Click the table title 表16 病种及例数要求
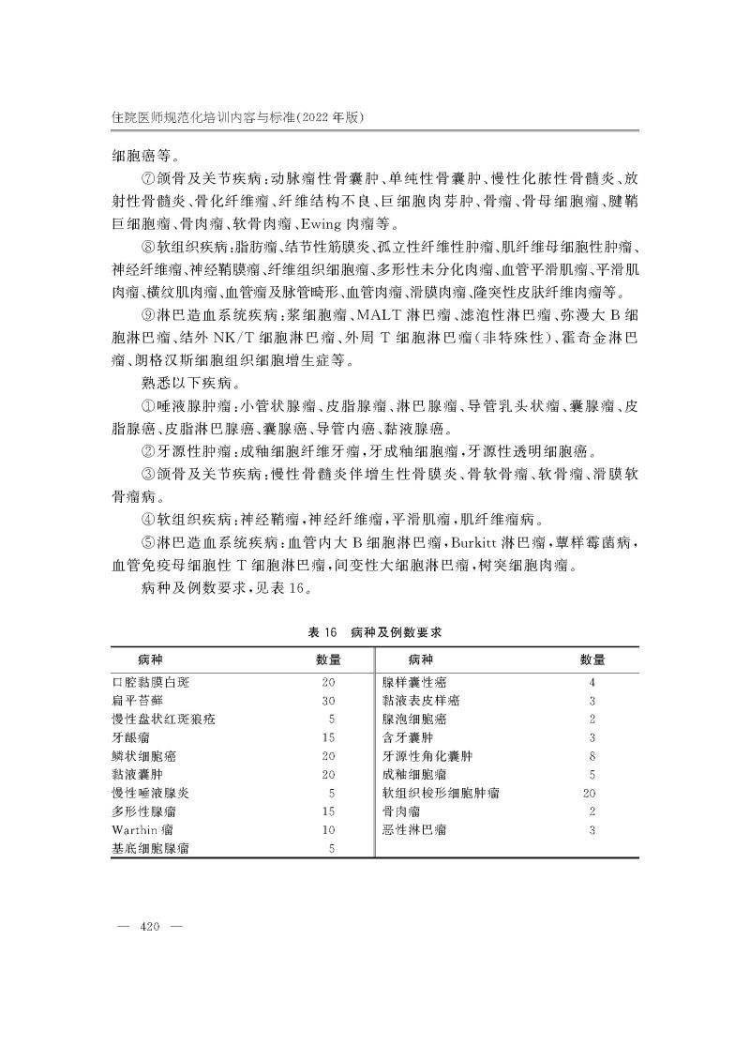pyautogui.click(x=374, y=633)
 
